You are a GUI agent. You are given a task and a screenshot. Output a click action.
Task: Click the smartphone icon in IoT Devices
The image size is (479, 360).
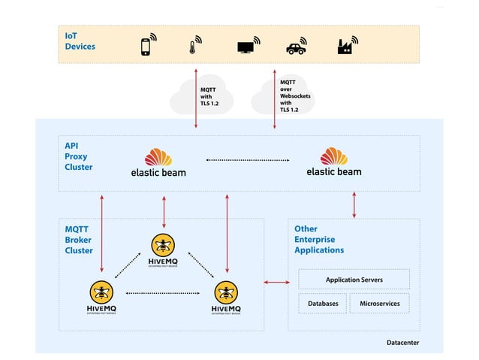coord(147,46)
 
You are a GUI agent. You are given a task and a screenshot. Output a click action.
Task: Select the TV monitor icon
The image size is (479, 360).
coord(247,46)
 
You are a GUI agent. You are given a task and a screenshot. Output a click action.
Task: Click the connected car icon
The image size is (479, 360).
coord(297,47)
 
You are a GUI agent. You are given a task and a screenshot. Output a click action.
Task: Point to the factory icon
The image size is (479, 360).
coord(346,46)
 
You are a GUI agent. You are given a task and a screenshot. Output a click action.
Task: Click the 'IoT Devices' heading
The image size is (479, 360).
coord(80,41)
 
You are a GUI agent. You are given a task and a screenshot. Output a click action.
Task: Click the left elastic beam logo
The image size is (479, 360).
coord(158,162)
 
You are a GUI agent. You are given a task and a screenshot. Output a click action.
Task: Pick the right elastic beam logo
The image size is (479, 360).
coord(334,162)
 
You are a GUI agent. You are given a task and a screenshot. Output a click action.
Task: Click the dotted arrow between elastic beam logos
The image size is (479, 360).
coord(247,159)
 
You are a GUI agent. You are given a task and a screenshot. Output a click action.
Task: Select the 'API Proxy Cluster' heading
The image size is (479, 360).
coord(79,156)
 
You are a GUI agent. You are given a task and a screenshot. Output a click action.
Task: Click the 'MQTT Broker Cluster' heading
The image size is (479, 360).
coord(79,239)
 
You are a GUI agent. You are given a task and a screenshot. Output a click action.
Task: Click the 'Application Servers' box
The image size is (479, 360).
coord(354,280)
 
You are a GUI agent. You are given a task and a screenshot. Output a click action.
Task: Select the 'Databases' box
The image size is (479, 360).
coord(323,304)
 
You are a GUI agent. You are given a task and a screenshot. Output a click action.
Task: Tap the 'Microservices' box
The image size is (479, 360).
coord(379,304)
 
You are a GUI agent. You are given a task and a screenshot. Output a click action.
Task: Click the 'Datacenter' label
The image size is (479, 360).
coord(402,342)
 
